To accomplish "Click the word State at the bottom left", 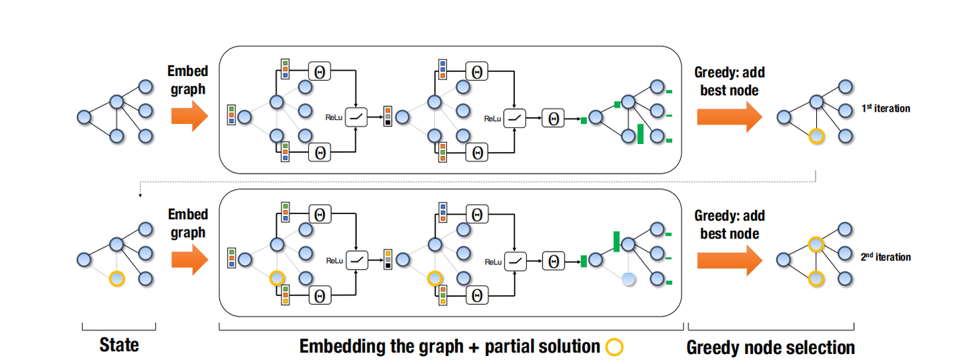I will [118, 345].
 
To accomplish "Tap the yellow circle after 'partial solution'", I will [614, 347].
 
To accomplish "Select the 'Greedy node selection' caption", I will [770, 347].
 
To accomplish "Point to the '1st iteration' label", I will [885, 108].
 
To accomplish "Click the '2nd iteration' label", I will [885, 257].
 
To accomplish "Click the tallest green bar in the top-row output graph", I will [640, 134].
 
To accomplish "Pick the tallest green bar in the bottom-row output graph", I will [616, 242].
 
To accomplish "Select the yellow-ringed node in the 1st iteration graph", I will [816, 137].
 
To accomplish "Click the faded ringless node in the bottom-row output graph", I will [628, 278].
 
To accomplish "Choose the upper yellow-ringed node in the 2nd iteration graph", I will [816, 244].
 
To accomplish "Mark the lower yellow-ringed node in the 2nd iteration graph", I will [816, 277].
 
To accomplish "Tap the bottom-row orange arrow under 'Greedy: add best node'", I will [729, 259].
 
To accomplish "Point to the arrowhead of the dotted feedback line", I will [139, 196].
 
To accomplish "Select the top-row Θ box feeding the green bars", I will [554, 118].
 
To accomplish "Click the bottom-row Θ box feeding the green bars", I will [554, 260].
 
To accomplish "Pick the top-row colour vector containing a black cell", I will [388, 116].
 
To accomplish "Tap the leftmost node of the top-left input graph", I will [83, 117].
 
